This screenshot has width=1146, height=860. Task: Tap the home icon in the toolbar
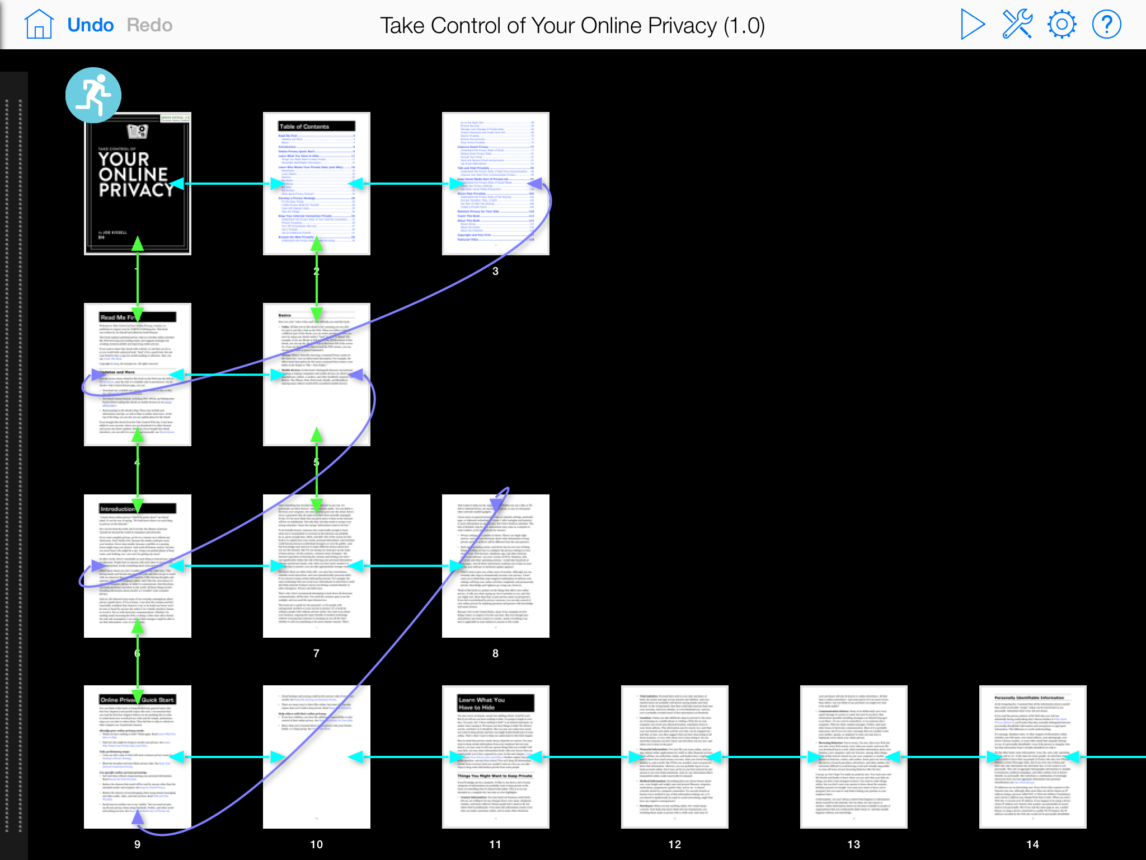(39, 25)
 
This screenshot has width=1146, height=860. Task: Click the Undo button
(90, 25)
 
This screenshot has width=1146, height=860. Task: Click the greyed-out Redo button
(149, 25)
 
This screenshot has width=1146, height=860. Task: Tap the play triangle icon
(972, 25)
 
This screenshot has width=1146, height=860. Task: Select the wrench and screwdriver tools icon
(1017, 25)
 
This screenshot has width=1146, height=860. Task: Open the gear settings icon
(1062, 25)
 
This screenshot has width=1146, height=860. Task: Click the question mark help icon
(1106, 25)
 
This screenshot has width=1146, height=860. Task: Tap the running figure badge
(93, 95)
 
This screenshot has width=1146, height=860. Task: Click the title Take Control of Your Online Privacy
(572, 26)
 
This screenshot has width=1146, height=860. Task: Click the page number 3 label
(495, 272)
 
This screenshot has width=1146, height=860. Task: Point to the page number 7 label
(316, 653)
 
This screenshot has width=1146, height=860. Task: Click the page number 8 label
(495, 653)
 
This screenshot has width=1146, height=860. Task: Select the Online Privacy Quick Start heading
(137, 700)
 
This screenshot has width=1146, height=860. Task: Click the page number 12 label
(675, 844)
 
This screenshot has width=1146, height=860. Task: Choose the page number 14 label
(1033, 844)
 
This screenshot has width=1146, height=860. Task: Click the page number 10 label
(316, 844)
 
